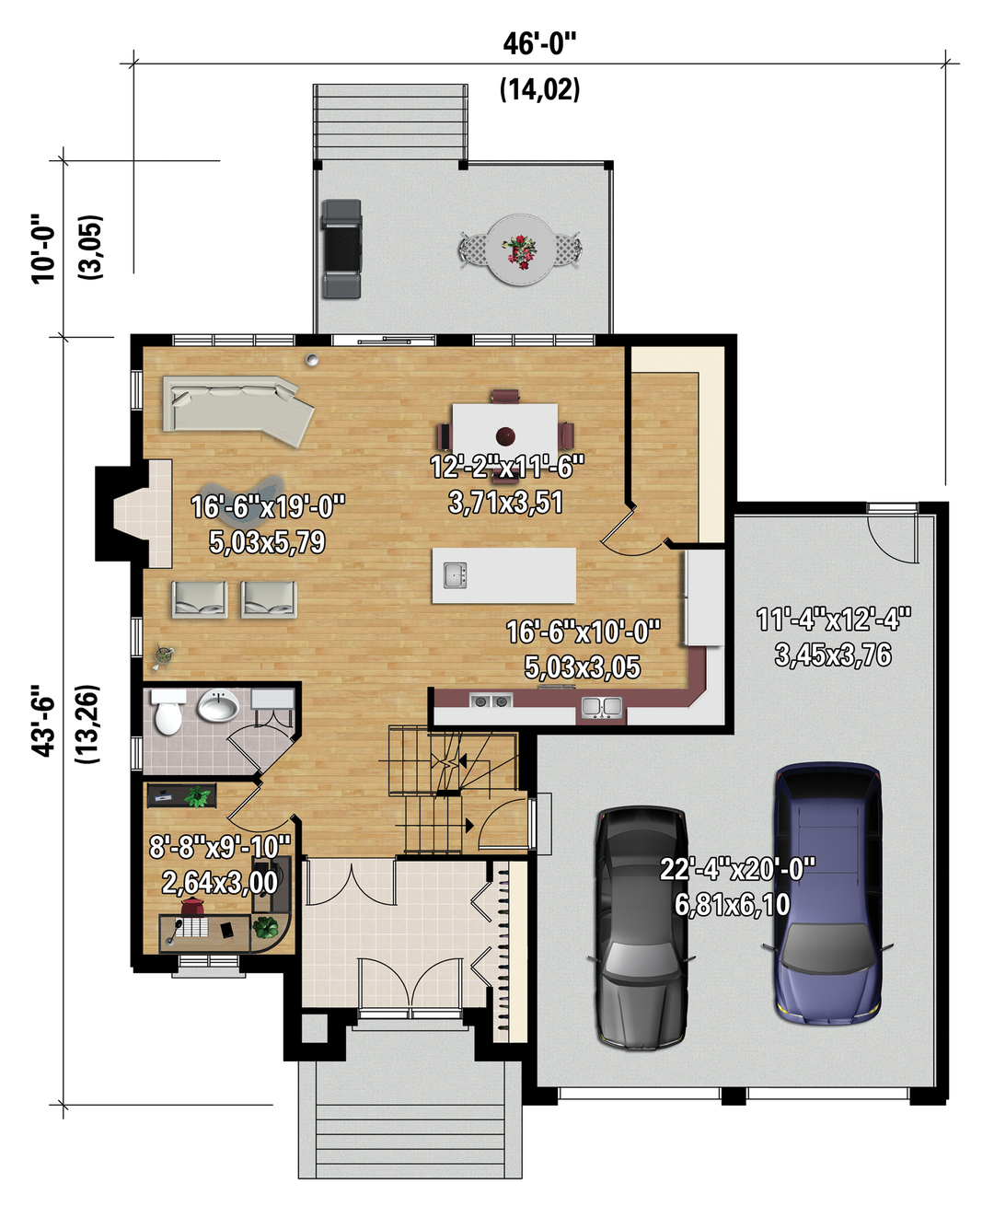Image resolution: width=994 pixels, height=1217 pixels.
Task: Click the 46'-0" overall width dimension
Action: (539, 44)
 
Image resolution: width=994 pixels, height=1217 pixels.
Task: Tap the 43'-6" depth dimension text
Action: (43, 721)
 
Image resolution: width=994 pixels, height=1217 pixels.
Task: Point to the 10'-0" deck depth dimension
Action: (43, 249)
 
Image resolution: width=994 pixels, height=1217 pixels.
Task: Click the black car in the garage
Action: (641, 928)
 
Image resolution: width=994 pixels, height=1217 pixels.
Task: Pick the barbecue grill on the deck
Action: (342, 249)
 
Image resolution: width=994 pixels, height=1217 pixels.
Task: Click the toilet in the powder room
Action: (168, 713)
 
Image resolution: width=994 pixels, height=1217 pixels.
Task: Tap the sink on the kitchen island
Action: (456, 574)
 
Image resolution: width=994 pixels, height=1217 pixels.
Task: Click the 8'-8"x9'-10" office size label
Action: (220, 847)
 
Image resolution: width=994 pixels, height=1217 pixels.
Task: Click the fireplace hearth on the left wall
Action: (143, 513)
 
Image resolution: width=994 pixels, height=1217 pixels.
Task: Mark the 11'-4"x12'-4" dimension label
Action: (833, 620)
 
